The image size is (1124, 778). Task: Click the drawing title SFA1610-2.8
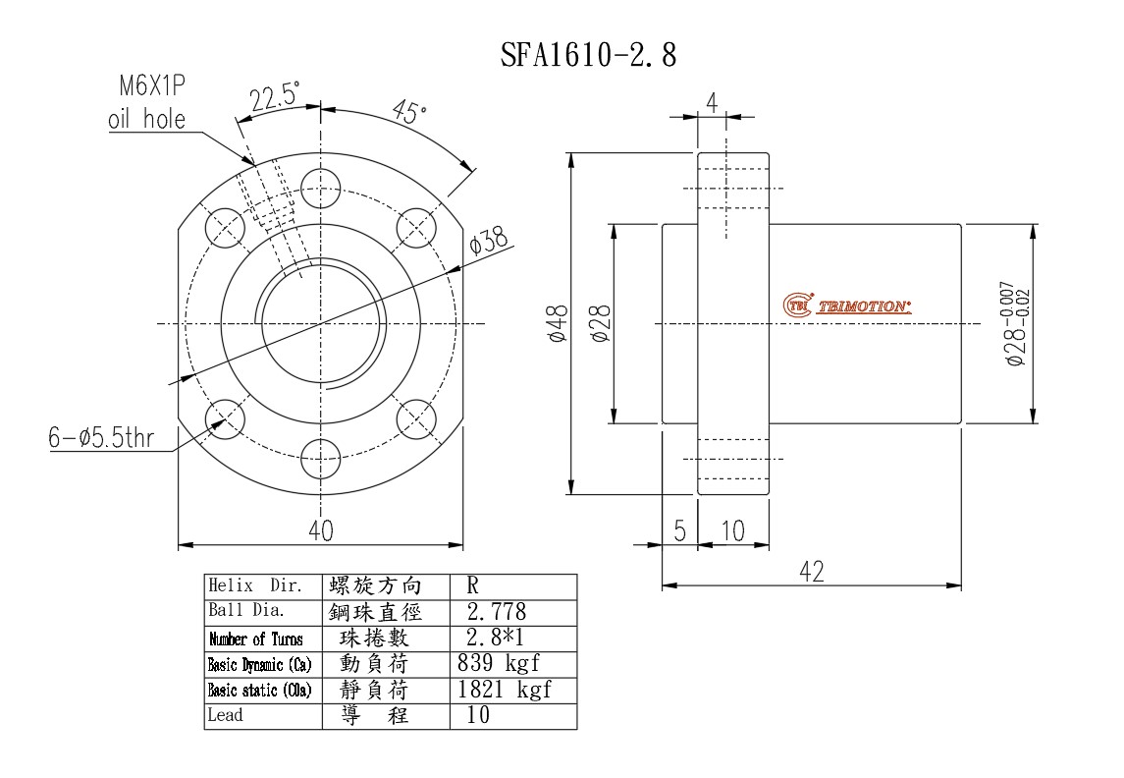(x=588, y=55)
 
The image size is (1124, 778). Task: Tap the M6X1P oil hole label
(x=148, y=102)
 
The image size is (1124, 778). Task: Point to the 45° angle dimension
(x=410, y=112)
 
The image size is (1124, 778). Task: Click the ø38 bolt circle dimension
(x=488, y=241)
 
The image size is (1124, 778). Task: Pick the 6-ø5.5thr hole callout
(x=101, y=437)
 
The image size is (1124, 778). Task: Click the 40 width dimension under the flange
(x=320, y=530)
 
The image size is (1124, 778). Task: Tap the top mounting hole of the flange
(x=320, y=189)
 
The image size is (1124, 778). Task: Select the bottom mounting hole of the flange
(x=320, y=458)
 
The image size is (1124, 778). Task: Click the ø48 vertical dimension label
(x=558, y=323)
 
